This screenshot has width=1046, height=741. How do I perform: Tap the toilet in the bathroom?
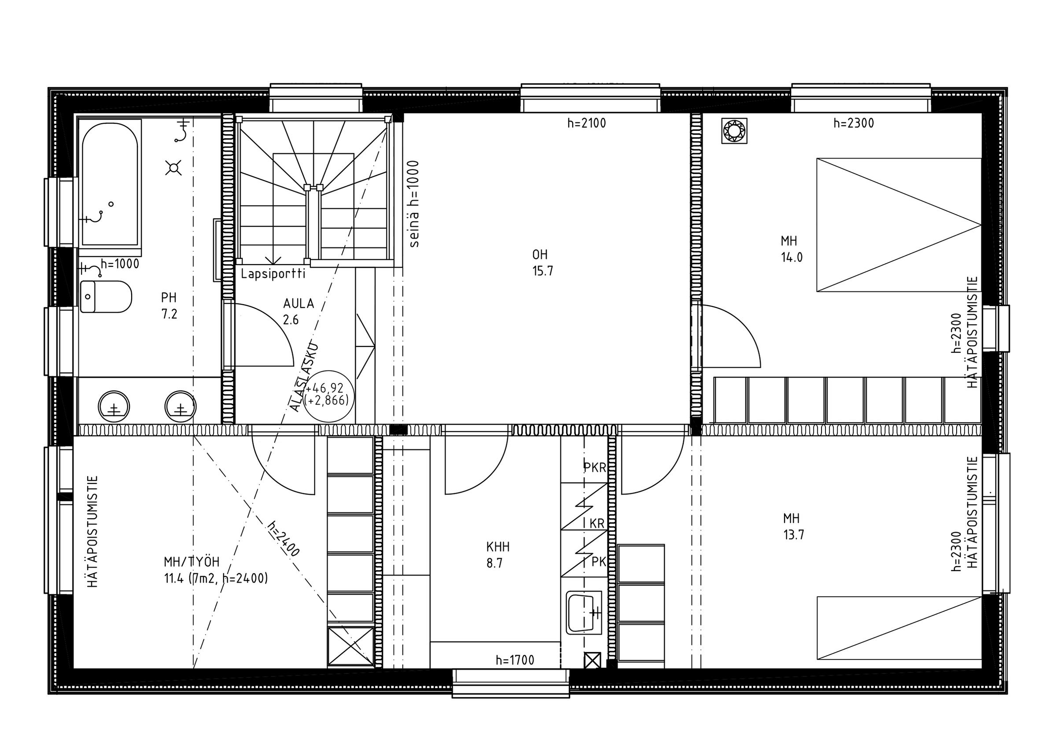(106, 297)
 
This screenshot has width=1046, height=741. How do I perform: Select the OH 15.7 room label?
(542, 263)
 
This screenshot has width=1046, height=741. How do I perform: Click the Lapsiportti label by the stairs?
(273, 275)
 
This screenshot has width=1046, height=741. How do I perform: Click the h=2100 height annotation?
(587, 123)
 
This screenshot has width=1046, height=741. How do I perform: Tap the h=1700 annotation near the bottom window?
(515, 660)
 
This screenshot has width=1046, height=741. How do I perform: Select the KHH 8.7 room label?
(497, 555)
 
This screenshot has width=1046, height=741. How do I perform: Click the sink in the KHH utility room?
(584, 613)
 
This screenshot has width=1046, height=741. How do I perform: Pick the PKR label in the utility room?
(595, 468)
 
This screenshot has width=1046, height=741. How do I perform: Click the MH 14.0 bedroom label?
(792, 249)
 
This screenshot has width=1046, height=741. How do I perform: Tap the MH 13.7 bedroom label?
(793, 527)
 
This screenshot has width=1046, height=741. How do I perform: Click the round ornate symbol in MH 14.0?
(734, 131)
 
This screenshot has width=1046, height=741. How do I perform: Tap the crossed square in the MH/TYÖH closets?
(350, 647)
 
